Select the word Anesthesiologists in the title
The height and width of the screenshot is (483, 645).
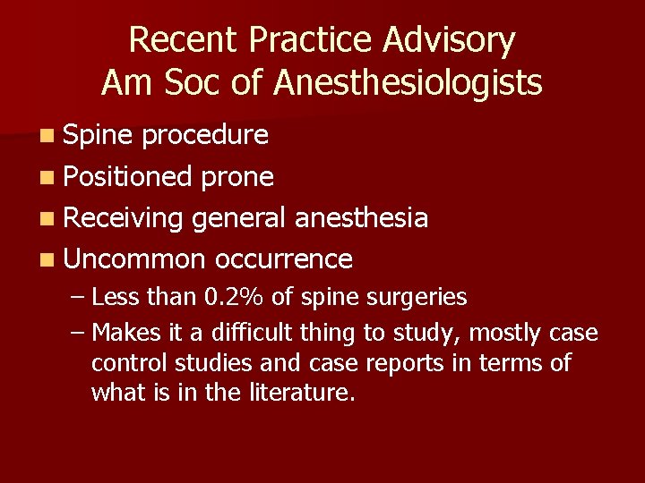click(408, 82)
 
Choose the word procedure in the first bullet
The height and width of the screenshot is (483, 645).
click(205, 135)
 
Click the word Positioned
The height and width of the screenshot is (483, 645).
click(128, 176)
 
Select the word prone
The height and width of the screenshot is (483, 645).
click(236, 176)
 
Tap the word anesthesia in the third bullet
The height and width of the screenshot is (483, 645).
click(361, 217)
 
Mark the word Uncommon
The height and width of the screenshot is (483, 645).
click(135, 258)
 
